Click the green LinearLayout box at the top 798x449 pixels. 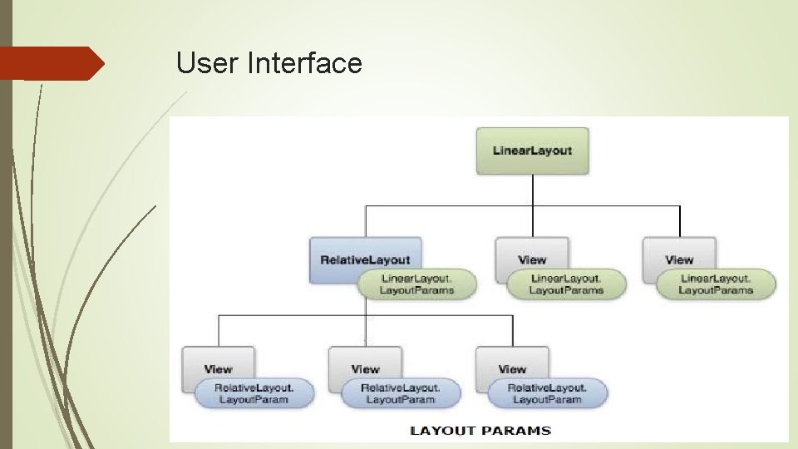pyautogui.click(x=532, y=150)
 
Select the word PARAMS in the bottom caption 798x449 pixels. pyautogui.click(x=520, y=430)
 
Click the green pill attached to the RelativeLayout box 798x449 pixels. pyautogui.click(x=417, y=284)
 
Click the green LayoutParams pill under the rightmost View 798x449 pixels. pyautogui.click(x=716, y=284)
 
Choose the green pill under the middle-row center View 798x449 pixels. pyautogui.click(x=566, y=284)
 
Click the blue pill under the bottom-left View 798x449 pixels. pyautogui.click(x=254, y=393)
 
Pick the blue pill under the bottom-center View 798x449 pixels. pyautogui.click(x=401, y=393)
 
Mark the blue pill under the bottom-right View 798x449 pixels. pyautogui.click(x=548, y=393)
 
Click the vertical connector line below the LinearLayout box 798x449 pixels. pyautogui.click(x=532, y=190)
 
